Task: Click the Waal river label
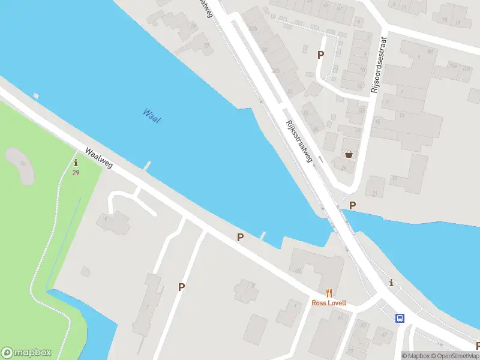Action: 152,115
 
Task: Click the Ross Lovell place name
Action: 329,303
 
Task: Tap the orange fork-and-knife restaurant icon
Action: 329,293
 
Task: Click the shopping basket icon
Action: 349,154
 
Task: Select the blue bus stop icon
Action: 400,318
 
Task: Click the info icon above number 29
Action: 76,163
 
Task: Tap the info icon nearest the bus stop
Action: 392,283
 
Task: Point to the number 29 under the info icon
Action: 76,173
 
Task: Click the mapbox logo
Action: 26,353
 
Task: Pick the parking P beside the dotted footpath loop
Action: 320,55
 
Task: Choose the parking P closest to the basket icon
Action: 353,205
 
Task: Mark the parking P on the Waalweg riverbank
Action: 240,237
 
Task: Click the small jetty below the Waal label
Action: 147,165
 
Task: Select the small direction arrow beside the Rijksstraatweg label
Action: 320,160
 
